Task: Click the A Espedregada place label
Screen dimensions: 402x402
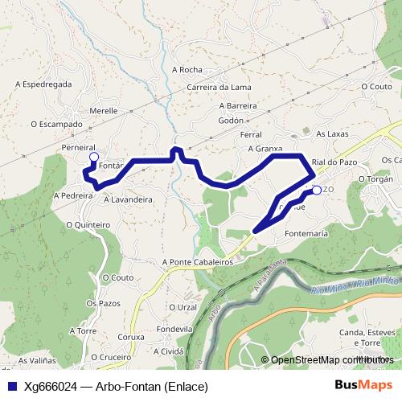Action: (x=44, y=83)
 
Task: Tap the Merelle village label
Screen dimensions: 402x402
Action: (x=104, y=111)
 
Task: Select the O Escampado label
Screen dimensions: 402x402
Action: (x=57, y=124)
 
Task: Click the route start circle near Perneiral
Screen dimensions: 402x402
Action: (x=93, y=157)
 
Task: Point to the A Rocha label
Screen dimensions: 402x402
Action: (x=187, y=70)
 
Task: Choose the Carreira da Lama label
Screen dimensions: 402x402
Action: (x=219, y=87)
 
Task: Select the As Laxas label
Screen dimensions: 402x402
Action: (x=330, y=133)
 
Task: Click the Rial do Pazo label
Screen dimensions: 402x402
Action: (x=334, y=162)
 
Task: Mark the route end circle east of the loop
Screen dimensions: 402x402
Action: (x=316, y=190)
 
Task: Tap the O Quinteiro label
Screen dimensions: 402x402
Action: (x=88, y=225)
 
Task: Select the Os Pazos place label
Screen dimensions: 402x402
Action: (x=102, y=302)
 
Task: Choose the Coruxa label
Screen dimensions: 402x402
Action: (x=131, y=337)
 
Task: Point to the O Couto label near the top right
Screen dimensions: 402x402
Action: (x=376, y=86)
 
